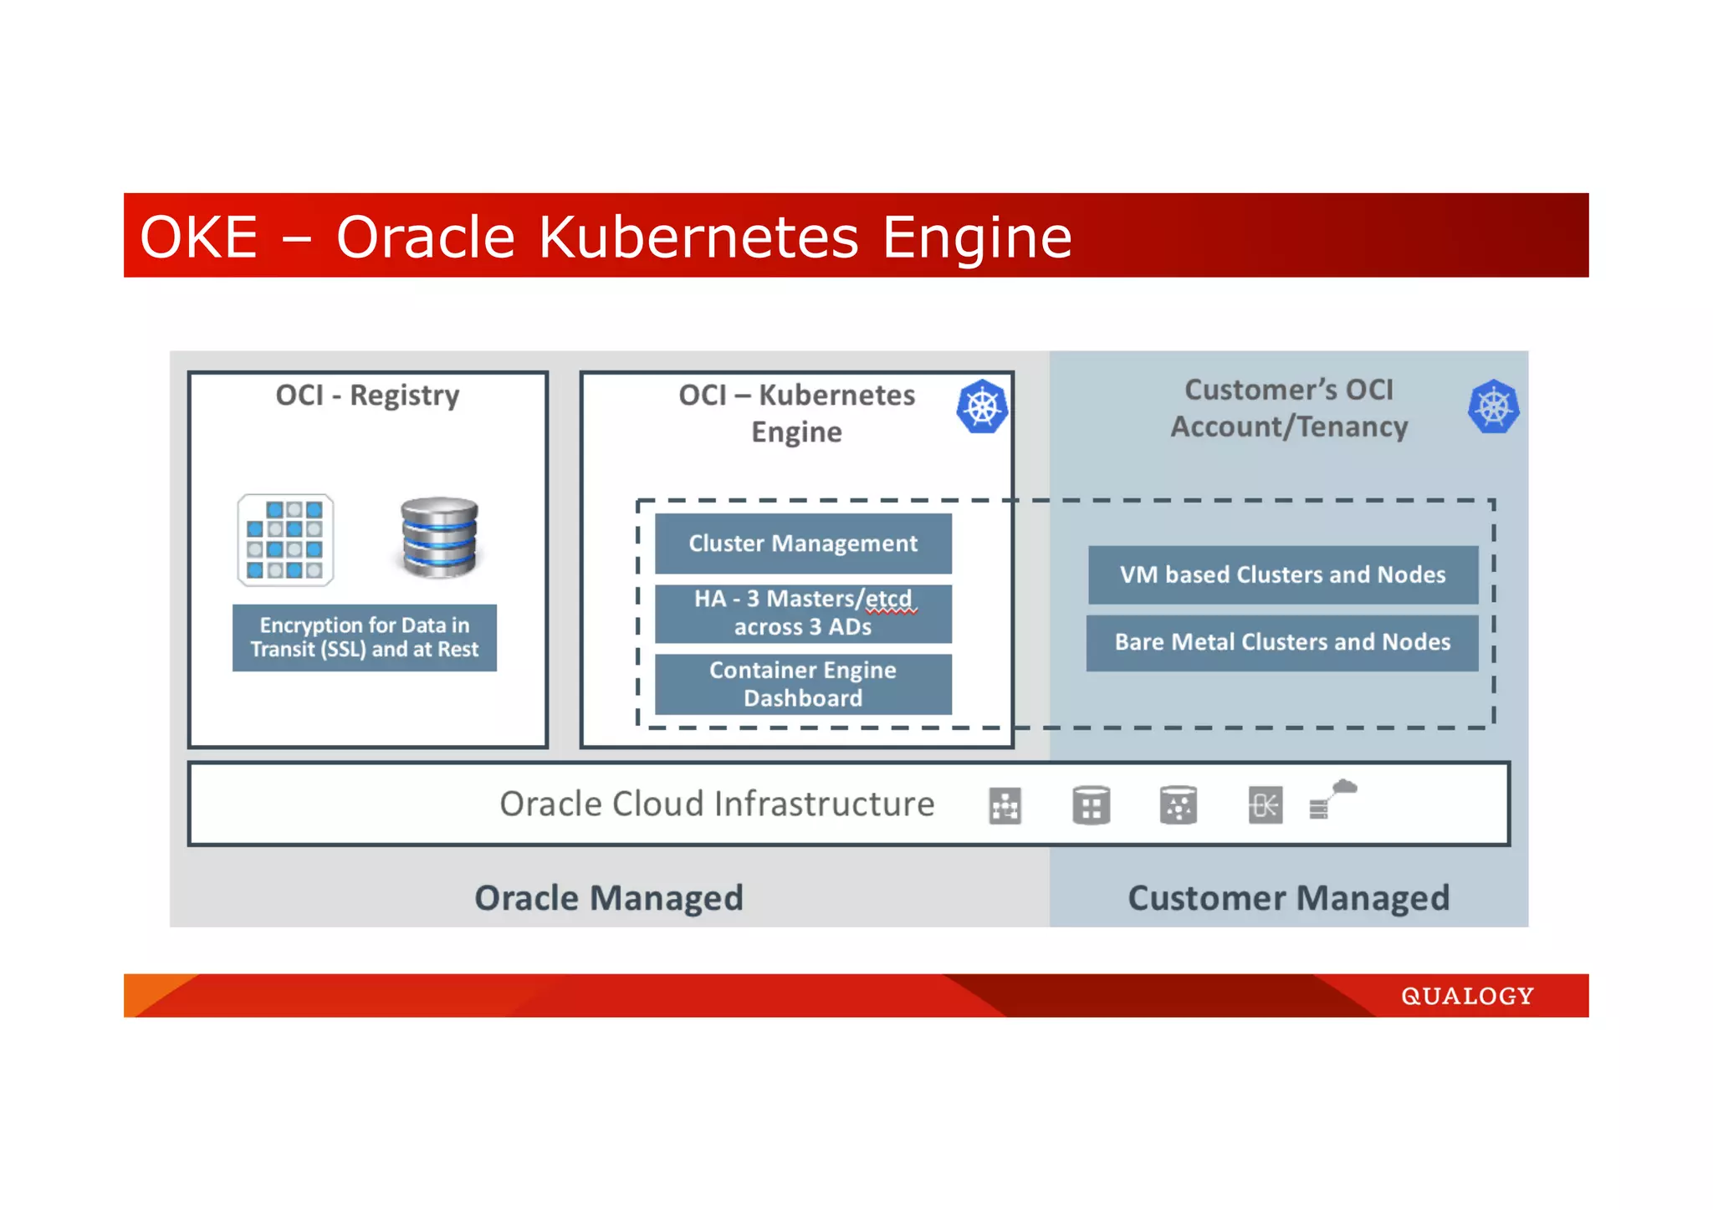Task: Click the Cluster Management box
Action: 802,544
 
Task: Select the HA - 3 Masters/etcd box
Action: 802,613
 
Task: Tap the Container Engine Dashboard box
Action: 802,684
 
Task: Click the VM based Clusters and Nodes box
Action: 1282,574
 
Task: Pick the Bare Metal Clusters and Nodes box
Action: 1281,642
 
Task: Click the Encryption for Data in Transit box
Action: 364,637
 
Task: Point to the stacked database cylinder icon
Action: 439,538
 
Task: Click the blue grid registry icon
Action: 285,539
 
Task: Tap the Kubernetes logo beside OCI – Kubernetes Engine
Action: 982,407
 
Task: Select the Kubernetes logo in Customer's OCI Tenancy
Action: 1493,407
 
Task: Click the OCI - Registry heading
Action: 367,395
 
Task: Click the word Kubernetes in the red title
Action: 698,237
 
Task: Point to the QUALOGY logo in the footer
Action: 1467,996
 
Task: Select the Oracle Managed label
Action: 608,898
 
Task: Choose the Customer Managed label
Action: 1288,898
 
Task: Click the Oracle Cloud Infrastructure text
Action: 717,804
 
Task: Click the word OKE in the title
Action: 198,237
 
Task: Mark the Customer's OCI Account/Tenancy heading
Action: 1288,408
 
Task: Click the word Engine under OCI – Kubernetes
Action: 796,432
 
